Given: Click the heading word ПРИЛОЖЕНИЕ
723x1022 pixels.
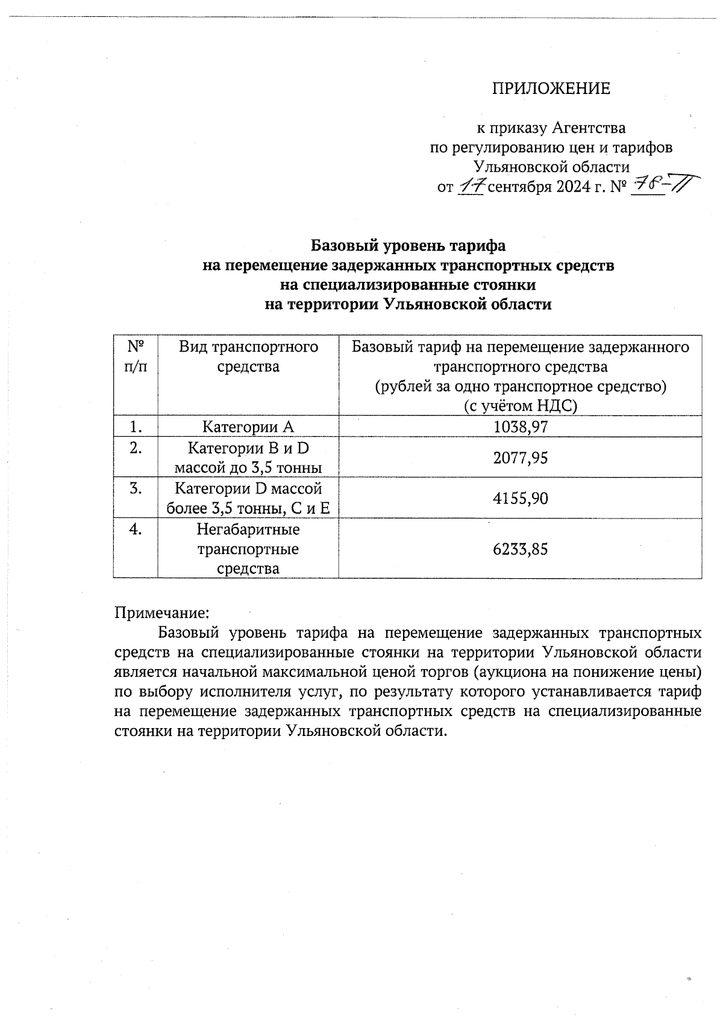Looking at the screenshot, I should tap(551, 89).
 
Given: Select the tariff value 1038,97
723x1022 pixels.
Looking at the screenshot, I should tap(520, 427).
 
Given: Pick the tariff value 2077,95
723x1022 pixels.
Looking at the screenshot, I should tap(520, 458).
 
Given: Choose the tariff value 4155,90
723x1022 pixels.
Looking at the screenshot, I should tap(520, 499).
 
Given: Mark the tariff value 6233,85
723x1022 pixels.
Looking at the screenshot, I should tap(520, 549).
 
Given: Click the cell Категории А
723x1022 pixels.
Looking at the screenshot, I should tap(248, 427).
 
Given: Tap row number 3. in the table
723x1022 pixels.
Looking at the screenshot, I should tap(136, 488).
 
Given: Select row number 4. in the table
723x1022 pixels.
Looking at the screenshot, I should tap(136, 529).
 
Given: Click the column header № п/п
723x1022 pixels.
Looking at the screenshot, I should tap(136, 357).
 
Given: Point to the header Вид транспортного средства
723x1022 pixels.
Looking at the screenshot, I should tap(248, 357).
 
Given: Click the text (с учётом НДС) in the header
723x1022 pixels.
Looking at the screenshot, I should tap(520, 406).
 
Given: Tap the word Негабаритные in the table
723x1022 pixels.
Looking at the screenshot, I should tap(248, 529).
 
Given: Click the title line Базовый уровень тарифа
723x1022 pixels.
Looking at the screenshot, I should tap(408, 246).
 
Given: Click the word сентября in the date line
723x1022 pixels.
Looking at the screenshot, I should tap(519, 187).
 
